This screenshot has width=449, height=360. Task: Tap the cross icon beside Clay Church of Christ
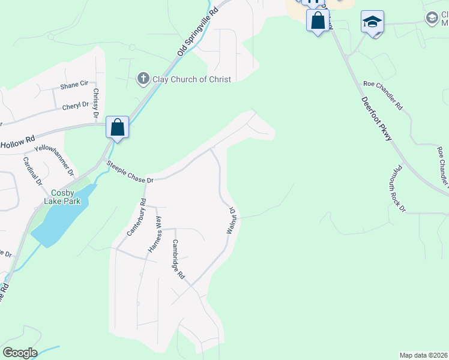143,78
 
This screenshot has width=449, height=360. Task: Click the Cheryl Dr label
75,106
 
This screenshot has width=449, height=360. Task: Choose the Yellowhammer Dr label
54,160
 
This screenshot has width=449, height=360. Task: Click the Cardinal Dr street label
32,170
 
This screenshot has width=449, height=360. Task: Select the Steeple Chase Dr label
130,172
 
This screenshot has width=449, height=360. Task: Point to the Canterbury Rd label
136,217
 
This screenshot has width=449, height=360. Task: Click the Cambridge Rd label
178,259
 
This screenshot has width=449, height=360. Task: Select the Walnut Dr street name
231,220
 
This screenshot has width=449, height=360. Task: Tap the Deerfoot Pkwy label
376,119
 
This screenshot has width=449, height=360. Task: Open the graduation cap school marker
372,23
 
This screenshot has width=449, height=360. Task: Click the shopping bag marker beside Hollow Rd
117,127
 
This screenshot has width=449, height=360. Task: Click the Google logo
20,353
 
